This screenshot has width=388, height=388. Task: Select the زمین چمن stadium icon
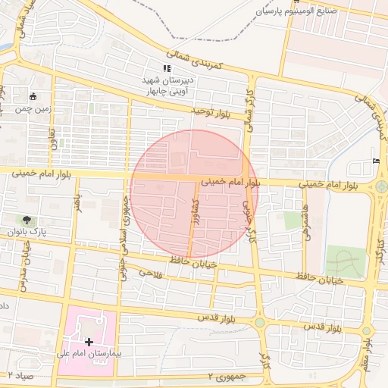click(x=33, y=96)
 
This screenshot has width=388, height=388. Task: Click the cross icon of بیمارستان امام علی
click(x=89, y=343)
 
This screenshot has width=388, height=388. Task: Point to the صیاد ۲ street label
click(x=17, y=375)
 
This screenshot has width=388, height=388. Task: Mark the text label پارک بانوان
click(x=27, y=231)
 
